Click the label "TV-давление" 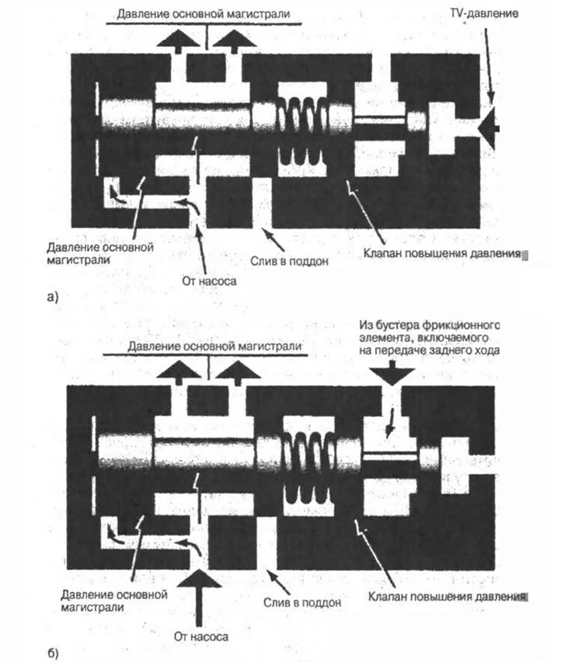[x=484, y=13]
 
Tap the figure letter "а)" [x=53, y=298]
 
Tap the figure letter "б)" [x=53, y=653]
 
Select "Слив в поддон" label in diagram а [x=290, y=261]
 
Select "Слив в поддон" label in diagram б [x=302, y=602]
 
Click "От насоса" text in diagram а [x=209, y=280]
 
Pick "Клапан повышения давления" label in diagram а [x=442, y=253]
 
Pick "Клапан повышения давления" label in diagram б [x=447, y=597]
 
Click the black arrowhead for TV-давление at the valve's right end [x=490, y=128]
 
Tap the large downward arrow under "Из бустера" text [x=392, y=373]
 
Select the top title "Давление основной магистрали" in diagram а [x=204, y=14]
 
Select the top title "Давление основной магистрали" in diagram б [x=215, y=347]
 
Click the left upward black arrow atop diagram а [x=178, y=41]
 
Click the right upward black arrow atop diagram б [x=238, y=373]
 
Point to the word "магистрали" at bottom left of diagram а [x=78, y=260]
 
